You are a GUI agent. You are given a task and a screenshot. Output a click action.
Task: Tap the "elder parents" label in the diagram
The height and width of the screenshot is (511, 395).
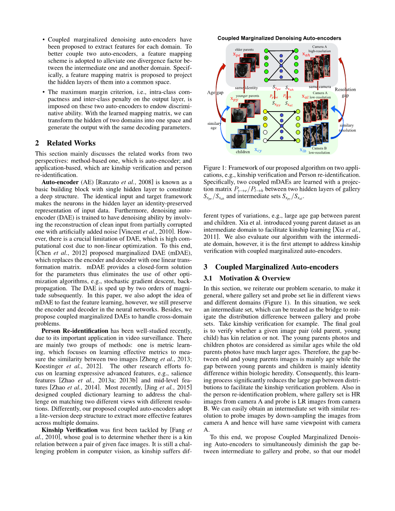coord(244,50)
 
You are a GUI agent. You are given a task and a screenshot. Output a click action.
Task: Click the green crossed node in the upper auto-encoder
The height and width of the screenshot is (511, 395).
coord(266,58)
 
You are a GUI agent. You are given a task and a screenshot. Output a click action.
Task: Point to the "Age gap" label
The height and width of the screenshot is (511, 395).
coord(215,92)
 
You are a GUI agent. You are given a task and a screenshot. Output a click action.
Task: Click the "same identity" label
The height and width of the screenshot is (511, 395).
coord(246,88)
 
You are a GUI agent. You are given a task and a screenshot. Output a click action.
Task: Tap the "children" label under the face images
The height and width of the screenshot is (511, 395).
coord(243,152)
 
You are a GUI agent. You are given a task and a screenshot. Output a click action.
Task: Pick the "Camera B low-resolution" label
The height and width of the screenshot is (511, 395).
coord(320,150)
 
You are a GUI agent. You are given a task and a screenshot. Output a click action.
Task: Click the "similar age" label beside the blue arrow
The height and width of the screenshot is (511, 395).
coord(214,126)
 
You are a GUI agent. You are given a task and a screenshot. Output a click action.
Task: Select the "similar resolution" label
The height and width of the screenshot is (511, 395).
coord(347,128)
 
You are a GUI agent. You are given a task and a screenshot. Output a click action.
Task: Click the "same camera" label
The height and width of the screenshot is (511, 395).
coord(319,87)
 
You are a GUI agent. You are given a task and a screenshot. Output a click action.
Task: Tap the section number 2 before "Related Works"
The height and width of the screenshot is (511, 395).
coord(37,143)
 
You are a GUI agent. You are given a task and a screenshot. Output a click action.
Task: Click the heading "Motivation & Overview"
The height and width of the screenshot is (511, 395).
coord(255,278)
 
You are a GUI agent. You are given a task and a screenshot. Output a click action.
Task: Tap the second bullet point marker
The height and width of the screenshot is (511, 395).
coord(44,92)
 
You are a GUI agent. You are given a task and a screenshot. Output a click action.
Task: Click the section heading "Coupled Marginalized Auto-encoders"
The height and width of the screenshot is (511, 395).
coord(277,267)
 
